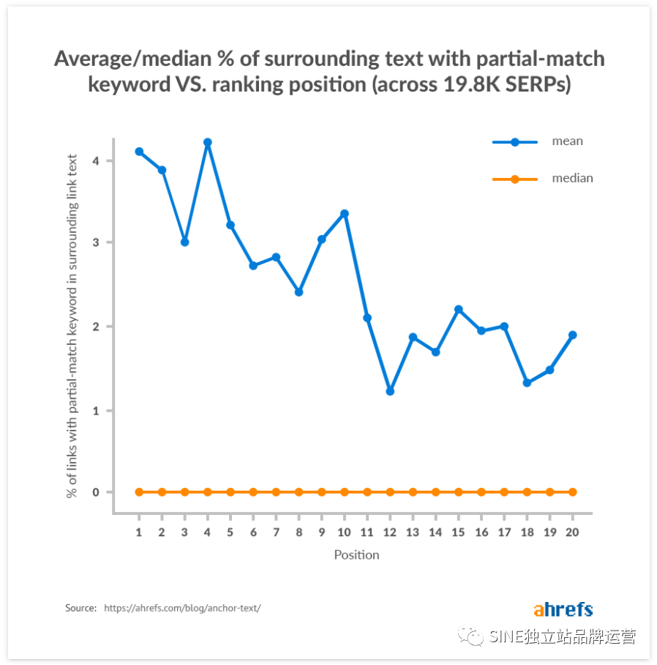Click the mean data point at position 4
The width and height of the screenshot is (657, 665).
point(208,142)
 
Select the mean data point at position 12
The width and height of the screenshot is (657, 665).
point(390,392)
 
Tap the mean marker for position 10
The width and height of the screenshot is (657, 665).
point(345,214)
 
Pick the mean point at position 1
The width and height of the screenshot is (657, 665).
point(139,152)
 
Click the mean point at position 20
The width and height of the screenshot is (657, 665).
point(572,335)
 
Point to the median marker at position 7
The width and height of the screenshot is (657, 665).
point(276,492)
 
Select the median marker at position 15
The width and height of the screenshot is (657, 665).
point(458,492)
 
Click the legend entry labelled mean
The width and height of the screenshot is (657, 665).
point(567,141)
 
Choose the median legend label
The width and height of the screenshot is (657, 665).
point(572,178)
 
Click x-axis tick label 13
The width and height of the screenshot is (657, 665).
point(413,532)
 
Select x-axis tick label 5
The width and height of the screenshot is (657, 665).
point(230,532)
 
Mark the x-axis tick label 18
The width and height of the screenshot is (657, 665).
point(527,532)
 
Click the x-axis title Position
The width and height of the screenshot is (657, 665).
point(356,554)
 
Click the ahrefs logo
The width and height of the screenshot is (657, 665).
point(563,609)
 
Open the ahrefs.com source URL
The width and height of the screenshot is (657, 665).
point(182,608)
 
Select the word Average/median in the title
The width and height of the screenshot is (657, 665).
point(127,59)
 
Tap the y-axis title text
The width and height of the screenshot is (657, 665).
point(72,326)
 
